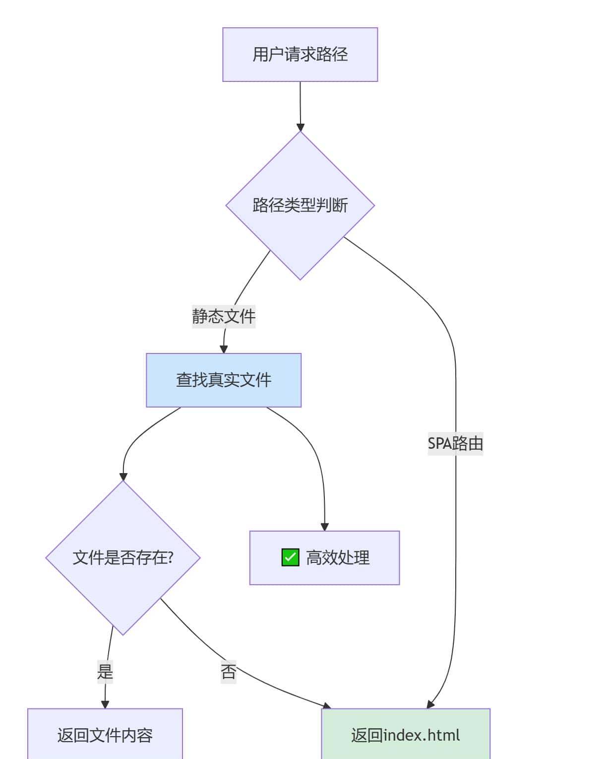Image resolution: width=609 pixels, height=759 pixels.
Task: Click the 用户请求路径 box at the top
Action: pyautogui.click(x=300, y=55)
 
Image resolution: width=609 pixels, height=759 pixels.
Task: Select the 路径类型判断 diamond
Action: pyautogui.click(x=300, y=205)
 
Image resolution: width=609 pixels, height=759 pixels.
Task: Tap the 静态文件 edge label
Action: pyautogui.click(x=224, y=316)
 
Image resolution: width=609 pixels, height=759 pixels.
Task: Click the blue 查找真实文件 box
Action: pyautogui.click(x=224, y=380)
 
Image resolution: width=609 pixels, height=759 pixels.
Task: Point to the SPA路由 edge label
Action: pyautogui.click(x=455, y=443)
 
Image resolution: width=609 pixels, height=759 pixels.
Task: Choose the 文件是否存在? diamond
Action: pyautogui.click(x=123, y=558)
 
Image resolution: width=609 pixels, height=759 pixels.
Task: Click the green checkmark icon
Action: pyautogui.click(x=290, y=557)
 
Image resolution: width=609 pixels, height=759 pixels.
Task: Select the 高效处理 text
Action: pyautogui.click(x=338, y=558)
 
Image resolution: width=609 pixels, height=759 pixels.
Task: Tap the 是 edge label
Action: pyautogui.click(x=105, y=672)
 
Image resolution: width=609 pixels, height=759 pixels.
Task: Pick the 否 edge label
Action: pyautogui.click(x=229, y=672)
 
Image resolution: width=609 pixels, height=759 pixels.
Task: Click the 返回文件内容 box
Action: pyautogui.click(x=105, y=735)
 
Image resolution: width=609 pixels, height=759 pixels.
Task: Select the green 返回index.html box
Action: pyautogui.click(x=406, y=735)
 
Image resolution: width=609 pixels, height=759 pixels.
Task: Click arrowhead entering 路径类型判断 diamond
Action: pyautogui.click(x=300, y=127)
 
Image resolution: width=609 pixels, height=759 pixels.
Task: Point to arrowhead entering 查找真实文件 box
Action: pyautogui.click(x=224, y=349)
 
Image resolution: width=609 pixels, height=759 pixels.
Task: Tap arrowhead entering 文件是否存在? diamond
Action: pyautogui.click(x=123, y=477)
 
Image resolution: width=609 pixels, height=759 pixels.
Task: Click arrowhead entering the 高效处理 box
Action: pyautogui.click(x=325, y=527)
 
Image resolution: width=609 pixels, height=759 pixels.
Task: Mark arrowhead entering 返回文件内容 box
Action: pyautogui.click(x=105, y=704)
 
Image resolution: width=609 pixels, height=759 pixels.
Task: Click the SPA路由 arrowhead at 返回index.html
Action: pyautogui.click(x=430, y=704)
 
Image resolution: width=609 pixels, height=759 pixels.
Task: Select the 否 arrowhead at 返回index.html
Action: pyautogui.click(x=327, y=706)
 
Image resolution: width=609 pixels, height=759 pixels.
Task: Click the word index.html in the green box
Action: pyautogui.click(x=422, y=735)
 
